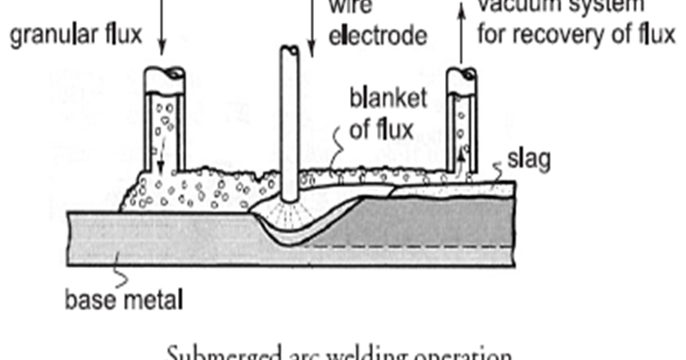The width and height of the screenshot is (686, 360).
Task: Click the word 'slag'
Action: click(525, 159)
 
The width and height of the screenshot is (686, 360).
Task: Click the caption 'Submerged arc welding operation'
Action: click(341, 353)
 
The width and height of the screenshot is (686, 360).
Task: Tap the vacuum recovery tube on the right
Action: click(462, 123)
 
